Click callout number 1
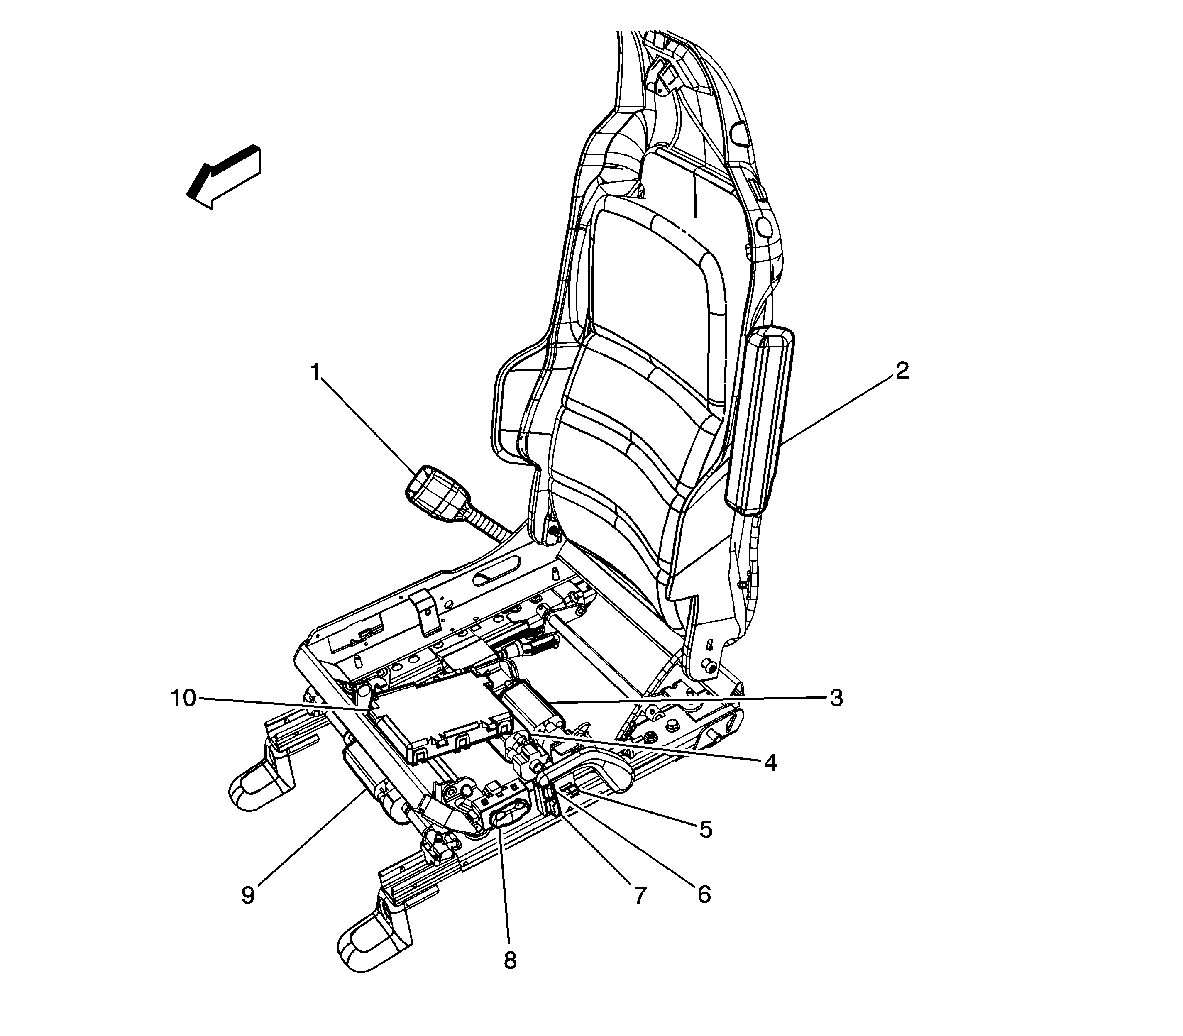coord(315,372)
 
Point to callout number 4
coord(770,763)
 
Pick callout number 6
coord(703,894)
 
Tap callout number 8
coord(509,960)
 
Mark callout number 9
coord(248,895)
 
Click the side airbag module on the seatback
coord(759,419)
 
